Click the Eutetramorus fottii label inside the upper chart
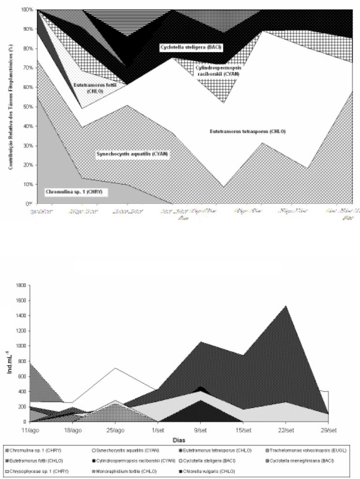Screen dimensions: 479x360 pyautogui.click(x=87, y=86)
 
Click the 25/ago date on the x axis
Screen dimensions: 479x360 pyautogui.click(x=114, y=430)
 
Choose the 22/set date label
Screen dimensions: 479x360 pyautogui.click(x=285, y=430)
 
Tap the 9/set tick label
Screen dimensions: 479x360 pyautogui.click(x=200, y=430)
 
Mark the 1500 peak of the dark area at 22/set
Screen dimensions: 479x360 pyautogui.click(x=286, y=306)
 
